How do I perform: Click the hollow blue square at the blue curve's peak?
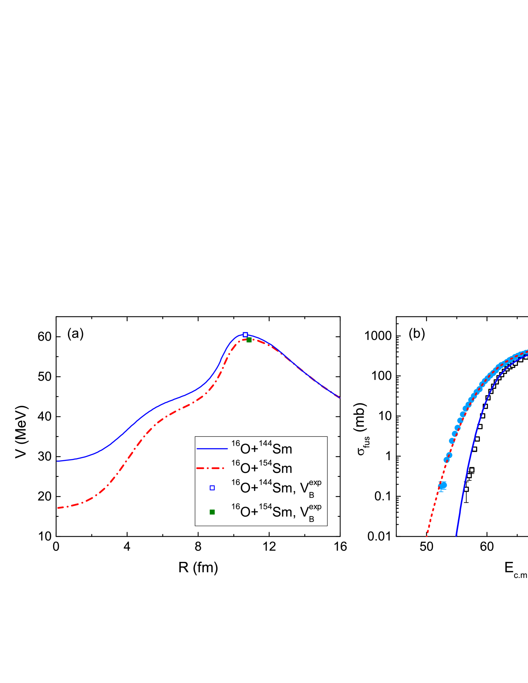[x=245, y=334]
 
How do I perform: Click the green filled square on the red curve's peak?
[x=249, y=340]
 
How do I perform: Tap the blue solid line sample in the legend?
[x=212, y=449]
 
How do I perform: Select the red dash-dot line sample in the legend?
[x=210, y=468]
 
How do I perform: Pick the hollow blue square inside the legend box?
[x=212, y=488]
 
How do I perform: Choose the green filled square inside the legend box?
[x=212, y=512]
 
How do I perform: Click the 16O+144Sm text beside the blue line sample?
[x=262, y=449]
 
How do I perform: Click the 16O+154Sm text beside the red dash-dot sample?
[x=262, y=468]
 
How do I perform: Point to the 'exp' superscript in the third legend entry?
[x=315, y=483]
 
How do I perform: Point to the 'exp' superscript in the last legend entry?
[x=315, y=507]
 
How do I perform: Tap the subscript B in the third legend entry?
[x=312, y=495]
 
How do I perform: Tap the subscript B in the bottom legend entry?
[x=312, y=519]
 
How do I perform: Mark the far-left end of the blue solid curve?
[x=58, y=461]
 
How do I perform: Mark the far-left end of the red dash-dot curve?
[x=58, y=508]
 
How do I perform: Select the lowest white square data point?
[x=466, y=489]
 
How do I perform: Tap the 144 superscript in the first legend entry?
[x=265, y=444]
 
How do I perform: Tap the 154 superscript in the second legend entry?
[x=265, y=463]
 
